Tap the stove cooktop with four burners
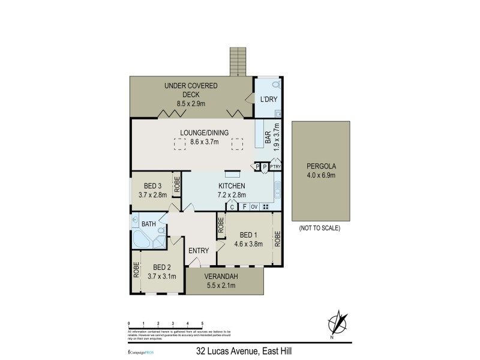tap(266, 207)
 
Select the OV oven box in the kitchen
tap(254, 207)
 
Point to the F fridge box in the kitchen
tap(244, 207)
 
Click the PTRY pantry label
tap(276, 167)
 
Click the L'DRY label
tap(267, 100)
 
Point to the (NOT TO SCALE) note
tap(319, 228)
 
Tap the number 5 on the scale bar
tap(202, 323)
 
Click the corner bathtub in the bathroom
tap(143, 239)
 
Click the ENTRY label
tap(198, 251)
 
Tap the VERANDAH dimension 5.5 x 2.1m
tap(221, 285)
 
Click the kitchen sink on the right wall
tap(277, 191)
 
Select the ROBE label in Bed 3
tap(178, 185)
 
